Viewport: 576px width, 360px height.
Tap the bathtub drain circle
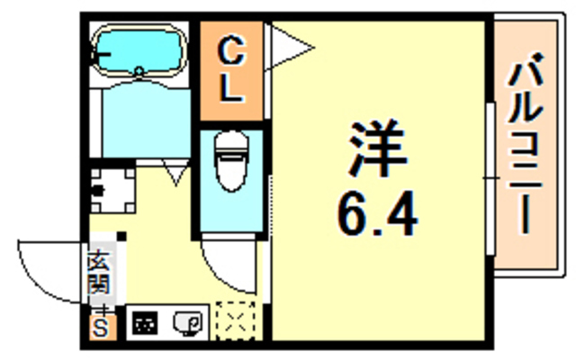[x=139, y=70]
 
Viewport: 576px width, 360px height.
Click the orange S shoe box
[x=99, y=327]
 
